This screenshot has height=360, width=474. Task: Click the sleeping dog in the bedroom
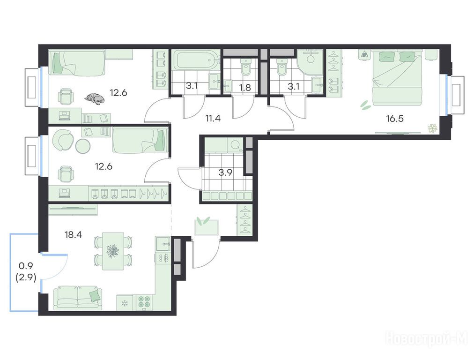(x=94, y=98)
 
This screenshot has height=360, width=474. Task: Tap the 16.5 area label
(x=395, y=119)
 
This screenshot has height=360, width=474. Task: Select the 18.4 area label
(x=73, y=234)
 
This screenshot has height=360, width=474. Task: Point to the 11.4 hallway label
(x=213, y=118)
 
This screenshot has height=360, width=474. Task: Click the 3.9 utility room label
(x=225, y=172)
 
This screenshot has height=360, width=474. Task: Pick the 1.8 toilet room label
(x=245, y=88)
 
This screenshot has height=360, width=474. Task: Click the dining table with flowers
(x=113, y=251)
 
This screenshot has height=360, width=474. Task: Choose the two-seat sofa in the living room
(x=78, y=298)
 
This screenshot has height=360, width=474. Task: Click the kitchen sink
(x=163, y=244)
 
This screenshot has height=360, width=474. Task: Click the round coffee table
(x=82, y=146)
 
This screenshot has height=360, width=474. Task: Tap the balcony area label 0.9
(x=26, y=266)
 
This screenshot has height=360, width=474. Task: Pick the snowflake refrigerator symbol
(x=124, y=303)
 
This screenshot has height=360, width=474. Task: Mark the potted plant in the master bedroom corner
(x=433, y=128)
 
